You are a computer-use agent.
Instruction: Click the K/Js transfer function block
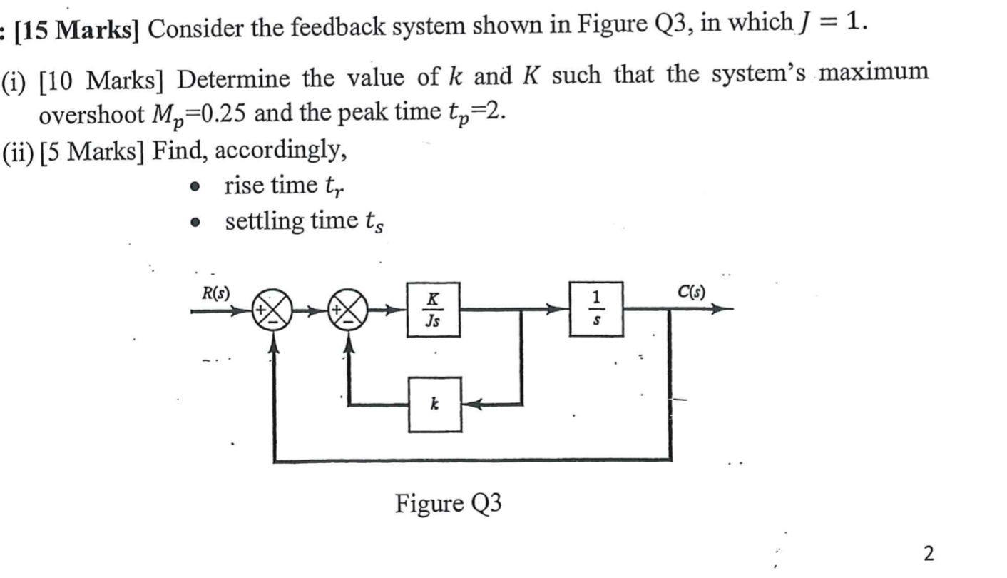click(434, 310)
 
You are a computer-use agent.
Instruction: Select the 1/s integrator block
click(596, 310)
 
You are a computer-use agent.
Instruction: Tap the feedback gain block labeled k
click(434, 405)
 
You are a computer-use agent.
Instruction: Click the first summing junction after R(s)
click(272, 310)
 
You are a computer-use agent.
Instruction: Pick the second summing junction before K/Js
click(347, 310)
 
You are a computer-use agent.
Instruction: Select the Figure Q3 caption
click(448, 504)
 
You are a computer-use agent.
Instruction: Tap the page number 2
click(928, 553)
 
